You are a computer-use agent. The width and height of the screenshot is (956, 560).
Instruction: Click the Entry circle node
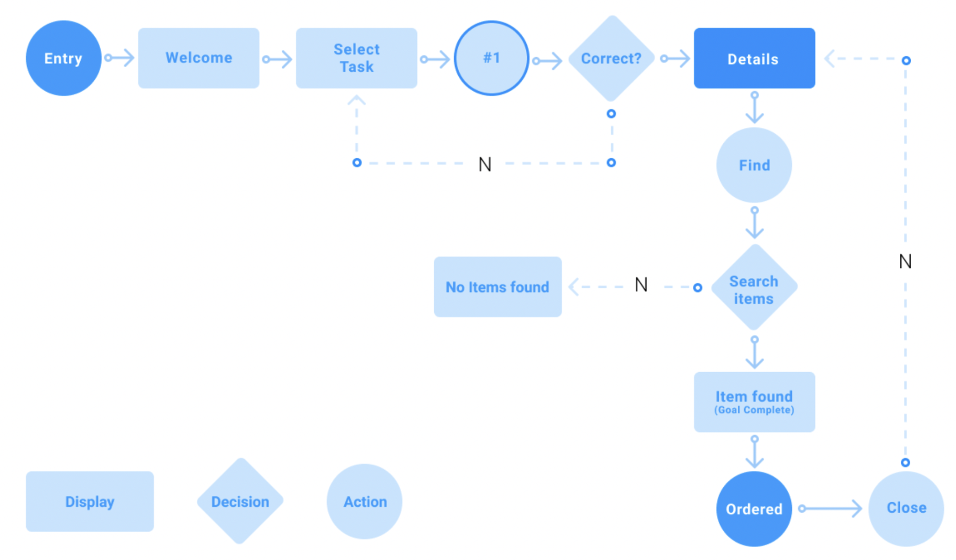[x=64, y=58]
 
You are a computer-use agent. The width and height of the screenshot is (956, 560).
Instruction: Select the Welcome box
[x=198, y=58]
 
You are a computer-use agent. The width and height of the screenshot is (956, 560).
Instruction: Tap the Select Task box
[x=356, y=58]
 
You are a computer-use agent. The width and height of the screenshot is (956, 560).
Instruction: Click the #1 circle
[x=491, y=58]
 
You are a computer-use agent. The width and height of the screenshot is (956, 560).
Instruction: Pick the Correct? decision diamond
[x=611, y=58]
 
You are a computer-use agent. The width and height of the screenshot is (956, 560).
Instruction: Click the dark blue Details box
[x=753, y=58]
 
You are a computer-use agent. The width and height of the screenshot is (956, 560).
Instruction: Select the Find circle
[x=753, y=165]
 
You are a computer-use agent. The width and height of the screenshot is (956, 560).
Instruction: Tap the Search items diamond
[x=753, y=288]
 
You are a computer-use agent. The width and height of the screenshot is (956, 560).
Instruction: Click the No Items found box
[x=497, y=287]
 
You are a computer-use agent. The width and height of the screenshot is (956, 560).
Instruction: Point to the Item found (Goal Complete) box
[x=753, y=402]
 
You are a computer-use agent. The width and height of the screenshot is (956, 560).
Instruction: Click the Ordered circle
[x=753, y=508]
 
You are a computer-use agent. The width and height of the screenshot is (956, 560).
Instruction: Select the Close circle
[x=905, y=508]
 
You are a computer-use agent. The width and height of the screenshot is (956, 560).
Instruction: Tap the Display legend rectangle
[x=90, y=501]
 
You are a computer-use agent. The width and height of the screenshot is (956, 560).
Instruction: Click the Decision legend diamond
[x=240, y=501]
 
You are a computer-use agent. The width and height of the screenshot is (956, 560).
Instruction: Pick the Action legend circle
[x=364, y=501]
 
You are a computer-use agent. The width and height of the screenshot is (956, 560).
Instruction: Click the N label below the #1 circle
[x=485, y=164]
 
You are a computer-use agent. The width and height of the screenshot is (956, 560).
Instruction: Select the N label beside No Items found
[x=641, y=285]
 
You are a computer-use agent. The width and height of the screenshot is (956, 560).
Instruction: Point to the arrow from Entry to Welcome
[x=120, y=58]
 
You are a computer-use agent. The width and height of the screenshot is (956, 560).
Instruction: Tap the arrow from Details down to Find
[x=754, y=108]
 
